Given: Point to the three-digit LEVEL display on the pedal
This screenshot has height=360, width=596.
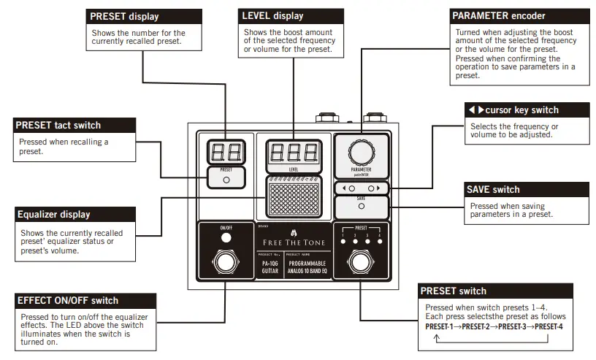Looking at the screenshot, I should coord(293,152).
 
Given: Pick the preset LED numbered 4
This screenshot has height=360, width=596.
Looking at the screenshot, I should coord(381,241).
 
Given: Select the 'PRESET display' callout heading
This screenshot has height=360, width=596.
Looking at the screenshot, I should coord(123,16).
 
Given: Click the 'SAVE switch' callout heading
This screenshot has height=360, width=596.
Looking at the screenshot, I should coord(494,190).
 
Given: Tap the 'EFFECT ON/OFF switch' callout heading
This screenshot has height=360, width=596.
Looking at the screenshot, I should coord(67,300).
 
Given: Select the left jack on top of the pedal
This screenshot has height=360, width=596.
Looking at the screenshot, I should coord(326,118).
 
